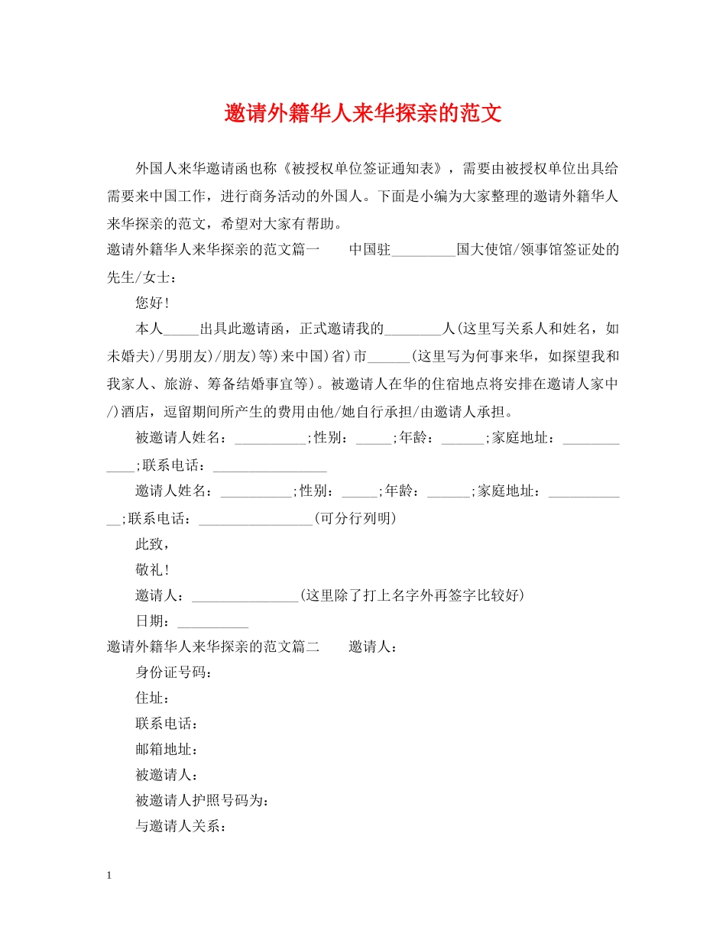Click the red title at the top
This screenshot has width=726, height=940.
point(363,115)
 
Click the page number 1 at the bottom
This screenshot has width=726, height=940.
point(110,876)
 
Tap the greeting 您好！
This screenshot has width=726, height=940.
point(152,303)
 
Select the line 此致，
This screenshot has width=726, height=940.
point(152,544)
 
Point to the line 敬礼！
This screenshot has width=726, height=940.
point(152,569)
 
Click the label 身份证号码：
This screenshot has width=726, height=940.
point(173,672)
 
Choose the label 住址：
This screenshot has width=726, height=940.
point(152,698)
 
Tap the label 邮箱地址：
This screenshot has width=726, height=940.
point(167,749)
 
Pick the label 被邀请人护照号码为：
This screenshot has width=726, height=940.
point(202,800)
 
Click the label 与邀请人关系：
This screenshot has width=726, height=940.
point(180,826)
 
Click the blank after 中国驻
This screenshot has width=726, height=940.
point(423,251)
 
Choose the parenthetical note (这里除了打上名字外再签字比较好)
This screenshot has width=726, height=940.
point(412,595)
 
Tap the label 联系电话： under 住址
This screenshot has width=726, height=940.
point(167,723)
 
